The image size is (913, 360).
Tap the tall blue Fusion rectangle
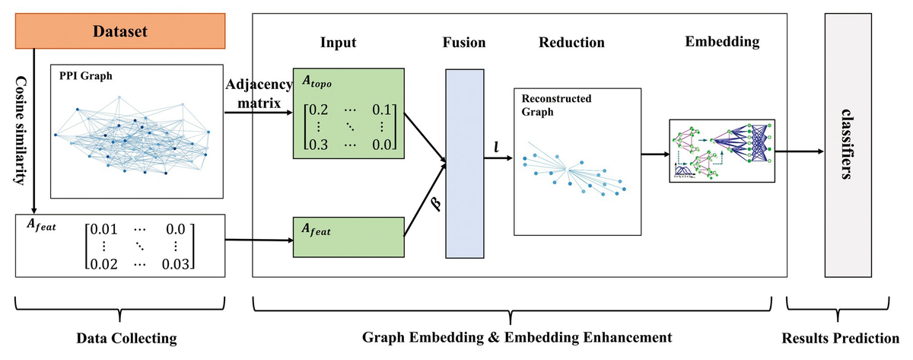coord(463,163)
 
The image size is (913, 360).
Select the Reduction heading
coord(571,43)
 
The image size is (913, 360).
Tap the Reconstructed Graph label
coord(556,105)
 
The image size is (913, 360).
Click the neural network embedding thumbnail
coord(722,151)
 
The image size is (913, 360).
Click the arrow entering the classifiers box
coord(799,151)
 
